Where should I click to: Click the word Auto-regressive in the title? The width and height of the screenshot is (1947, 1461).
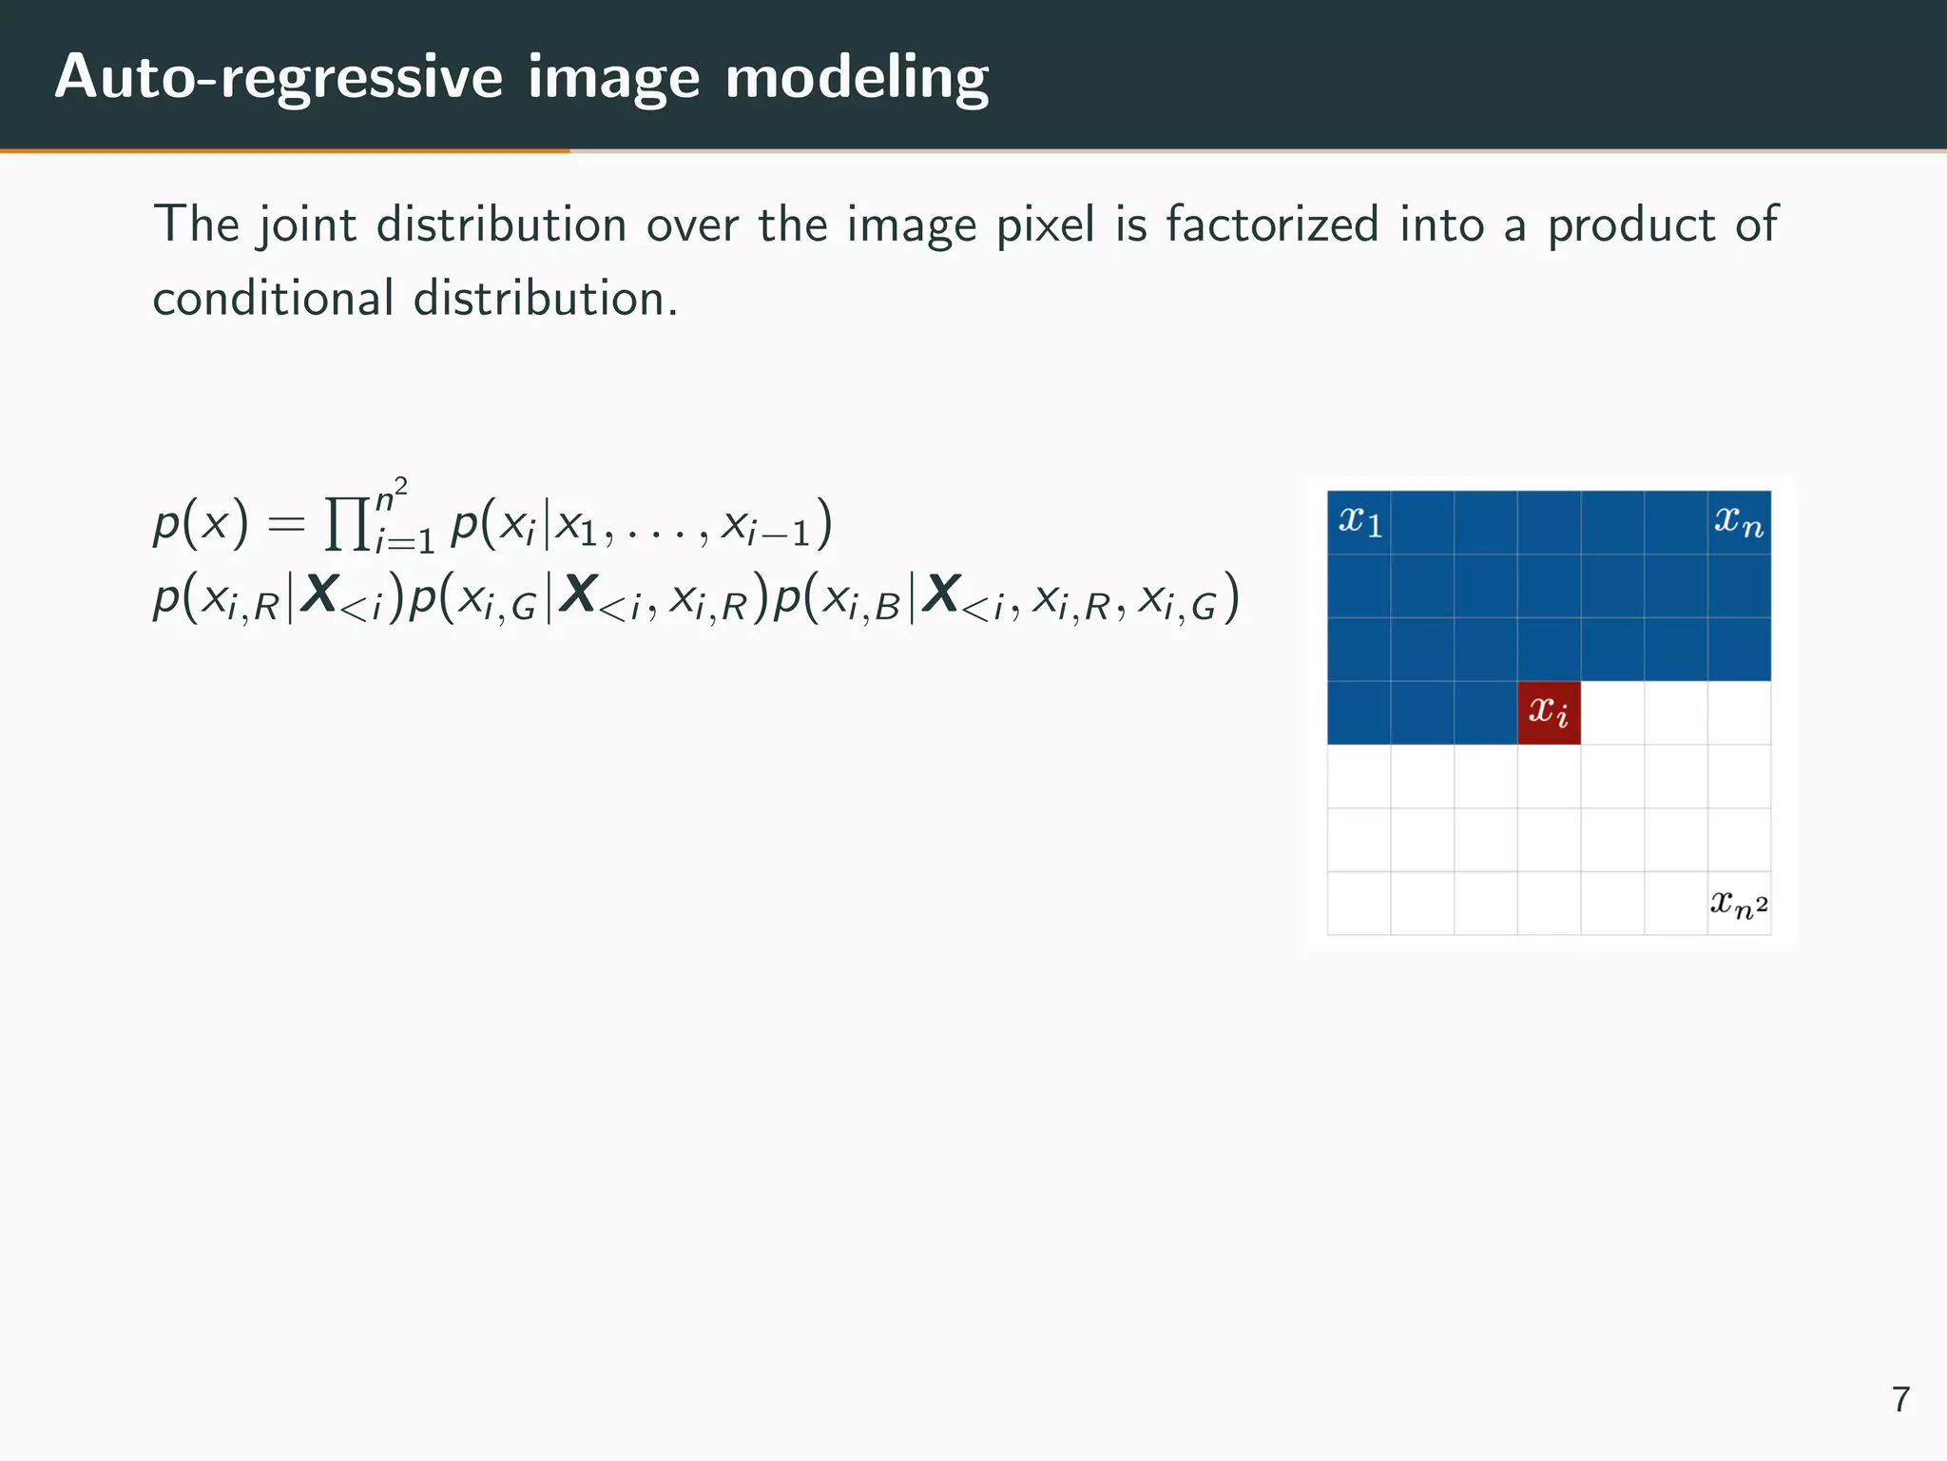tap(279, 77)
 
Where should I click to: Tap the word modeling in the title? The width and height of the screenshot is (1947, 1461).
tap(857, 77)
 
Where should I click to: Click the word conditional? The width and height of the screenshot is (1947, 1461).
tap(273, 299)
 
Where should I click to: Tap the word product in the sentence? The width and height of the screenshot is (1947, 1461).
tap(1629, 226)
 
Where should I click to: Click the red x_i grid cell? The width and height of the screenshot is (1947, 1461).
tap(1549, 712)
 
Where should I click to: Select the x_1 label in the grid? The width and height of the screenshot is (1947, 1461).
tap(1359, 521)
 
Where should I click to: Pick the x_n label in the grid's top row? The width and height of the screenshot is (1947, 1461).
tap(1738, 521)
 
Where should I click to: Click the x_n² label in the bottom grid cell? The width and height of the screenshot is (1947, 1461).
tap(1739, 904)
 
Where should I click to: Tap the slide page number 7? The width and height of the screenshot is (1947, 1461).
tap(1900, 1399)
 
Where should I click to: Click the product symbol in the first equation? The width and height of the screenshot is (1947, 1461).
tap(347, 524)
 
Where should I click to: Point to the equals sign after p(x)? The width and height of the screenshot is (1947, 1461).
tap(286, 524)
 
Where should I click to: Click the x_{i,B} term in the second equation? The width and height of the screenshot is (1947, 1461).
tap(861, 601)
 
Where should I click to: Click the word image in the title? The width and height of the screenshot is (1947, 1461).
tap(613, 77)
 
